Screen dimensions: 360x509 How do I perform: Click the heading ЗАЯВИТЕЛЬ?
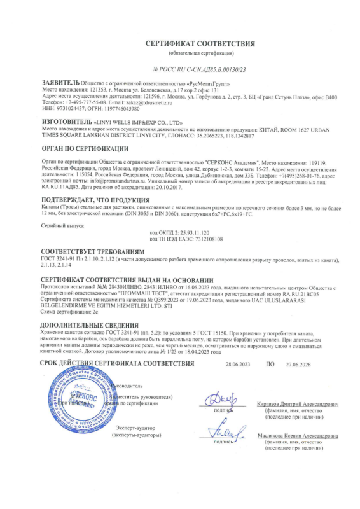point(60,83)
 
